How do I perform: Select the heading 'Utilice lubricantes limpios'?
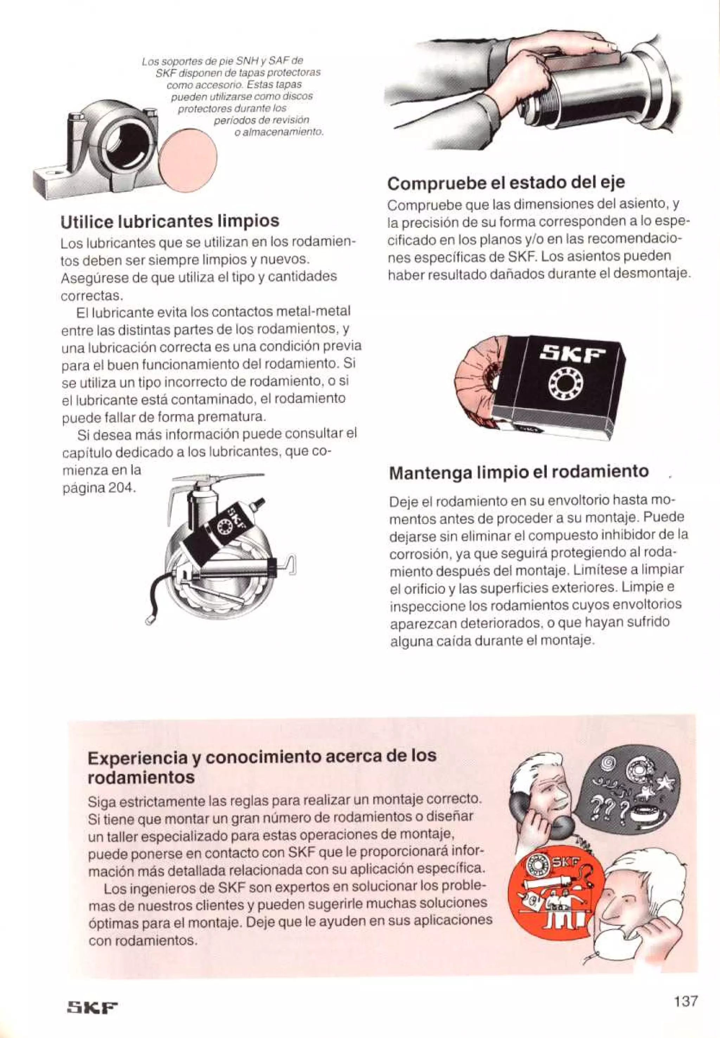pyautogui.click(x=169, y=221)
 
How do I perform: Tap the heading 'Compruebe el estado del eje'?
pyautogui.click(x=506, y=183)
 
